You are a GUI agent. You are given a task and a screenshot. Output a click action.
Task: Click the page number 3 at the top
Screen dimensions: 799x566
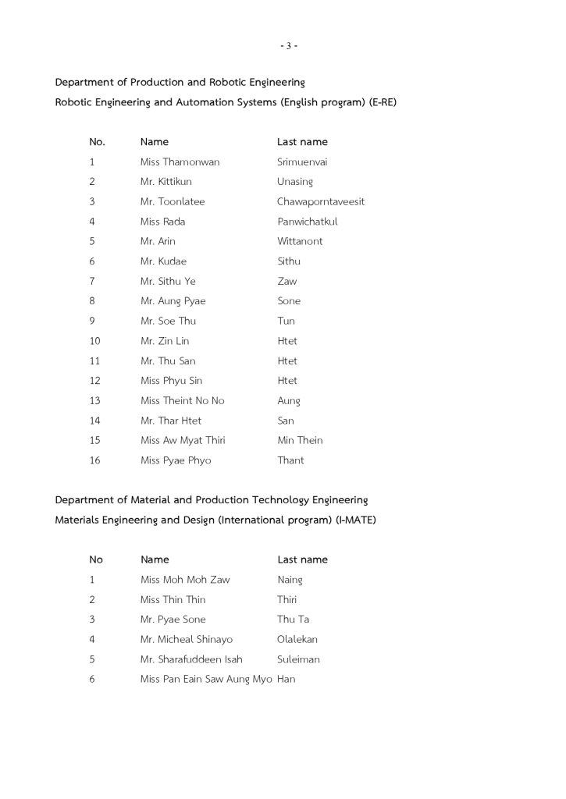pos(288,46)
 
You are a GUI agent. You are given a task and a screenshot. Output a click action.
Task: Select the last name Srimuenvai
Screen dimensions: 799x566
pos(302,162)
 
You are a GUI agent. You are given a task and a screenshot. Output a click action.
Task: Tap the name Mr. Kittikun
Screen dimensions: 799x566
pos(166,182)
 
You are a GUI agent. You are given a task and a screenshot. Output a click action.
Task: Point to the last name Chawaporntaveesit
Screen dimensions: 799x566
pos(321,202)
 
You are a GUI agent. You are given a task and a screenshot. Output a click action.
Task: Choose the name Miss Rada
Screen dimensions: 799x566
pos(162,222)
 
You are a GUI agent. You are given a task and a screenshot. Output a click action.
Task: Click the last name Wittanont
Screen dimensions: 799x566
pos(300,242)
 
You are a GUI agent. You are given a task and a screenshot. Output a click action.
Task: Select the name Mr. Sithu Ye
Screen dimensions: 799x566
pos(168,282)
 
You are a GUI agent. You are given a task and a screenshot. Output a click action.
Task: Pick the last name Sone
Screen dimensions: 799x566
pos(289,301)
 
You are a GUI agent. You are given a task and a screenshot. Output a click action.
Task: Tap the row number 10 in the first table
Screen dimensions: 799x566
pos(95,341)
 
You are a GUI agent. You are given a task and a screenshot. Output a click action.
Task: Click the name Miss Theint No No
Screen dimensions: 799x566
pos(182,401)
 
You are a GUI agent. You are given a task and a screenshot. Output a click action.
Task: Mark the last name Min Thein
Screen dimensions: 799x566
pos(300,441)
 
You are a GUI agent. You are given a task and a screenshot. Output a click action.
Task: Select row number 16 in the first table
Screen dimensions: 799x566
pos(95,460)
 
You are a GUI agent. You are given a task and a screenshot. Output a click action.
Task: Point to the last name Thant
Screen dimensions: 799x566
pos(290,460)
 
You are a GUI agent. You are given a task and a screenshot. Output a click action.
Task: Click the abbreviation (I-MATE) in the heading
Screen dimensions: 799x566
pos(355,520)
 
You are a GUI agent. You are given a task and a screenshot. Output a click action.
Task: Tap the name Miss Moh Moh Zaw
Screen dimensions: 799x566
pos(185,580)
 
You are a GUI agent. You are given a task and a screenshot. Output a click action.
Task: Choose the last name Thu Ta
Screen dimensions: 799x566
pos(294,620)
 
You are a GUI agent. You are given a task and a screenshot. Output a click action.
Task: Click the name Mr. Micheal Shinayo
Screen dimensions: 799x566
pos(187,640)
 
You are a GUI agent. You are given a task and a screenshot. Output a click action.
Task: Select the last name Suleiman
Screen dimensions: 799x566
pos(298,659)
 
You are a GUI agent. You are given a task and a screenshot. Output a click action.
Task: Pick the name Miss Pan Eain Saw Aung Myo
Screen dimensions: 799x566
pos(206,680)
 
